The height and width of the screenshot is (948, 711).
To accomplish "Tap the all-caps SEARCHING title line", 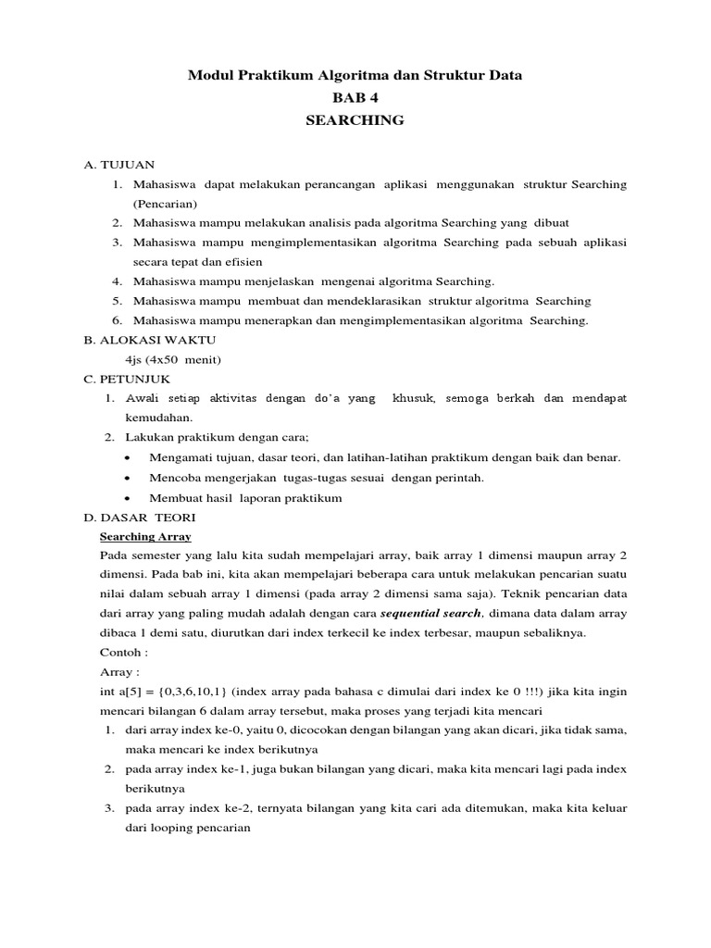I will tap(355, 120).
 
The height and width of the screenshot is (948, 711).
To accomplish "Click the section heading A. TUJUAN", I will tap(118, 165).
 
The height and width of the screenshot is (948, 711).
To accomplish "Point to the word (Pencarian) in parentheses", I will tap(165, 204).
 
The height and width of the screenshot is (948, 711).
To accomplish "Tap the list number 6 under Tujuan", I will tap(118, 320).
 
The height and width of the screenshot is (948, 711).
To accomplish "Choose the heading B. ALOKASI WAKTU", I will tap(137, 340).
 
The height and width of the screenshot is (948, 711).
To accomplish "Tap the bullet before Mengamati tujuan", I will tap(127, 458).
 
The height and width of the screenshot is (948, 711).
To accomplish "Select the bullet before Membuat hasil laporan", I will tap(127, 498).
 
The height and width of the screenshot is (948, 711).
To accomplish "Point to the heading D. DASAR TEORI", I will tap(139, 517).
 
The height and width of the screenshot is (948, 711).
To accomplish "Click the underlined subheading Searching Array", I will tap(144, 536).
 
